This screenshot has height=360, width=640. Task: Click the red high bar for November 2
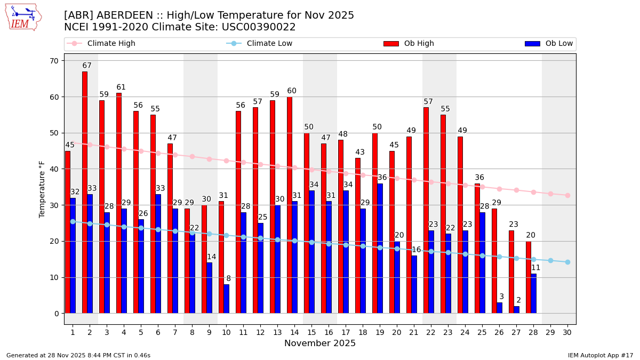click(85, 192)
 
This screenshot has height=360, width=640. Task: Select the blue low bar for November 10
click(227, 299)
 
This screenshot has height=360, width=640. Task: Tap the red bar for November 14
click(290, 205)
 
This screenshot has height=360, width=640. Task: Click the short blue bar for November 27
click(517, 310)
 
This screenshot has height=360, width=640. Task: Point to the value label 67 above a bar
click(87, 66)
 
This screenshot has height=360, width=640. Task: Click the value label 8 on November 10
click(229, 278)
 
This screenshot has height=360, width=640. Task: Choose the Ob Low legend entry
click(549, 44)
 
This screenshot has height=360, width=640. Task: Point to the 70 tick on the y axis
click(54, 61)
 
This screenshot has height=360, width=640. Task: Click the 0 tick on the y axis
click(56, 314)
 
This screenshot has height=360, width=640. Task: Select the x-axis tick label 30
click(567, 332)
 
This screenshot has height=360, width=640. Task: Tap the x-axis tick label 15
click(311, 332)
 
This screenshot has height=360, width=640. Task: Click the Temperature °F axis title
click(42, 189)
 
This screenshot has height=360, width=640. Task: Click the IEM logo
click(23, 17)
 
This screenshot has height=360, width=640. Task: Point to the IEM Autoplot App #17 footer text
click(601, 355)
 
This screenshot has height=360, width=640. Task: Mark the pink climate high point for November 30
click(567, 195)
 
